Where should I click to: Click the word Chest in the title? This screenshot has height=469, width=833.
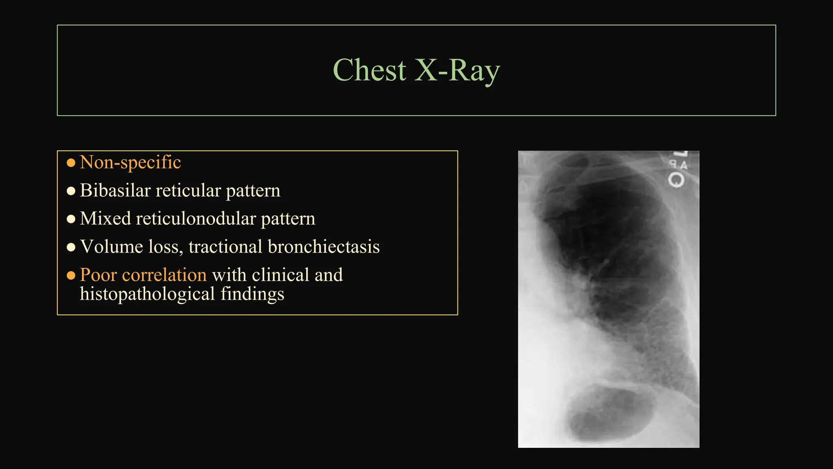[x=369, y=70]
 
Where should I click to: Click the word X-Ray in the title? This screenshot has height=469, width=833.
[x=457, y=70]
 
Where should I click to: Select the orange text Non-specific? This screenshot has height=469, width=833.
[x=130, y=162]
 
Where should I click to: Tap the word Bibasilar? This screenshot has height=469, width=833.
[x=115, y=191]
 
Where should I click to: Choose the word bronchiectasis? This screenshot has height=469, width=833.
[x=324, y=247]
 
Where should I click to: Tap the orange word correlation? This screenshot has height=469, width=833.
[x=164, y=275]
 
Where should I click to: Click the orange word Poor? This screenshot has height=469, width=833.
[x=98, y=275]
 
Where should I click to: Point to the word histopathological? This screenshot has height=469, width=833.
[x=147, y=294]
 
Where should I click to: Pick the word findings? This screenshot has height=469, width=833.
[x=252, y=294]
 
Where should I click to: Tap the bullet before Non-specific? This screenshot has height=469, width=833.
[x=71, y=163]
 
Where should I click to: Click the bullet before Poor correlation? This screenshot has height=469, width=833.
[x=71, y=276]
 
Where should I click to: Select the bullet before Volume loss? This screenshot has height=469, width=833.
[x=71, y=247]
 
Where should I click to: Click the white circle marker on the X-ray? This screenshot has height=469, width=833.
[x=676, y=180]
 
